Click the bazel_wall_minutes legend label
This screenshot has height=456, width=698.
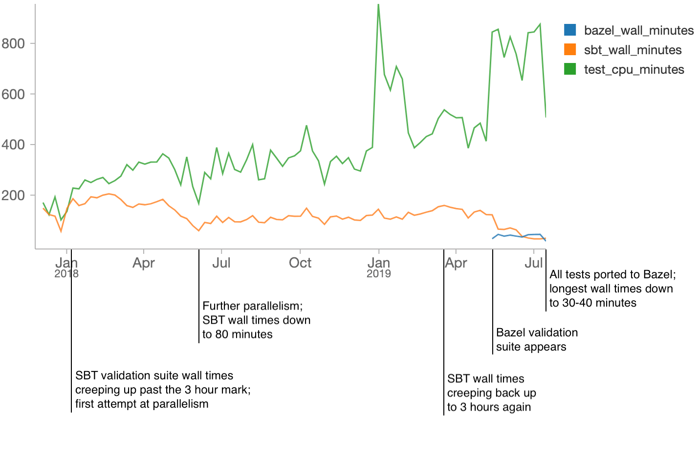[x=638, y=30]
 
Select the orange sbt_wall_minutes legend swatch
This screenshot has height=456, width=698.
[x=570, y=50]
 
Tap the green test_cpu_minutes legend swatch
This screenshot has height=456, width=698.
[x=570, y=69]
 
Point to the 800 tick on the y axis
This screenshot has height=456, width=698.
[x=13, y=43]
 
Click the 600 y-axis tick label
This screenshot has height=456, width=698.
[x=13, y=94]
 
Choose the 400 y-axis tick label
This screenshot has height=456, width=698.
[x=13, y=145]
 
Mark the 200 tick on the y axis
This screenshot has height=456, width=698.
[x=13, y=195]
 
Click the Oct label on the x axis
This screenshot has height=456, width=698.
[x=300, y=263]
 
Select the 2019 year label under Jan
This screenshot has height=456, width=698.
[x=378, y=274]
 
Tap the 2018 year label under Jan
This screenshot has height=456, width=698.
[x=66, y=274]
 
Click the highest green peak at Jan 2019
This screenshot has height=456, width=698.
[x=378, y=6]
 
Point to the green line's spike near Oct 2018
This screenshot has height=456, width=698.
[x=306, y=126]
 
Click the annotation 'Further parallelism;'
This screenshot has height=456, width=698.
[x=253, y=306]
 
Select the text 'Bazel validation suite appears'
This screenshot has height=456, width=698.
[x=537, y=340]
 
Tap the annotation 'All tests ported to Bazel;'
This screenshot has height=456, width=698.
[x=612, y=274]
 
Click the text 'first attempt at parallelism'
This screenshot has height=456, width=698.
[x=142, y=404]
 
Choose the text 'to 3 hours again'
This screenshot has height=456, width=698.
[x=489, y=407]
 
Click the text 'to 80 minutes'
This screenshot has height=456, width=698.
[x=238, y=334]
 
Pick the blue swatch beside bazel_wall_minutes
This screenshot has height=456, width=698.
[x=570, y=30]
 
